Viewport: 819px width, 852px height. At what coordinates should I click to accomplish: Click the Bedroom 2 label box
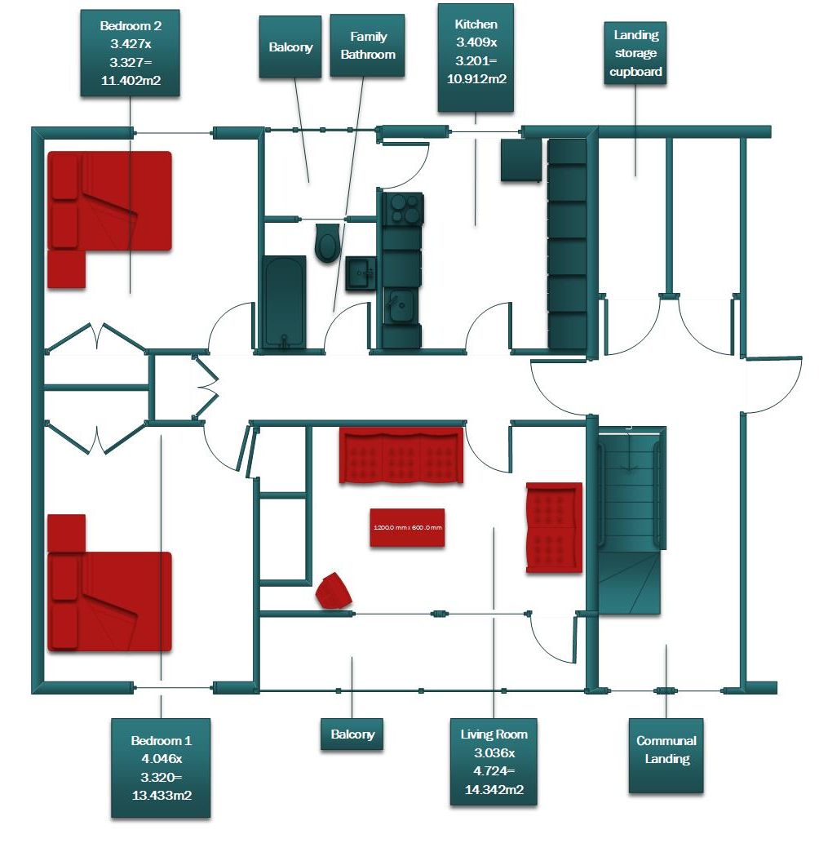pos(131,54)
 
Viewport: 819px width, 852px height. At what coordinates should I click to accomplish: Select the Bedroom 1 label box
pos(161,768)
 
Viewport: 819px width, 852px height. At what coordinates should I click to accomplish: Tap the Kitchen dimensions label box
pos(476,57)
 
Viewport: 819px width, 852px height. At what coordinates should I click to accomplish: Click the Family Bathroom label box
pos(367,47)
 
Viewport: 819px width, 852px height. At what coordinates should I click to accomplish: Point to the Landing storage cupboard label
pos(636,54)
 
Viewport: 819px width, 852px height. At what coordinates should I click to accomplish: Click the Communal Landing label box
pos(666,756)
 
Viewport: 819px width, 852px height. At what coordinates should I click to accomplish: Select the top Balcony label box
pos(290,47)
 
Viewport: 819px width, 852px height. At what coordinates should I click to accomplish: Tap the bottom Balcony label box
pos(352,734)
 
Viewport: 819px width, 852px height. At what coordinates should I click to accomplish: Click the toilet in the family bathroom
pos(328,243)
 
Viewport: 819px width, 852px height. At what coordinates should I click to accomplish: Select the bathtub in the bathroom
pos(284,302)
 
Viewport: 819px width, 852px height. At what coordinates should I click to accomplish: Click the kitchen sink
pos(401,307)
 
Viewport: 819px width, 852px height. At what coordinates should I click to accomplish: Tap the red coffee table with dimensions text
pos(407,528)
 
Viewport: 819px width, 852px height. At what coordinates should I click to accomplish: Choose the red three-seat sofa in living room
pos(401,454)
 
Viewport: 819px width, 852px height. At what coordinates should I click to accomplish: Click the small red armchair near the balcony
pos(334,590)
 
